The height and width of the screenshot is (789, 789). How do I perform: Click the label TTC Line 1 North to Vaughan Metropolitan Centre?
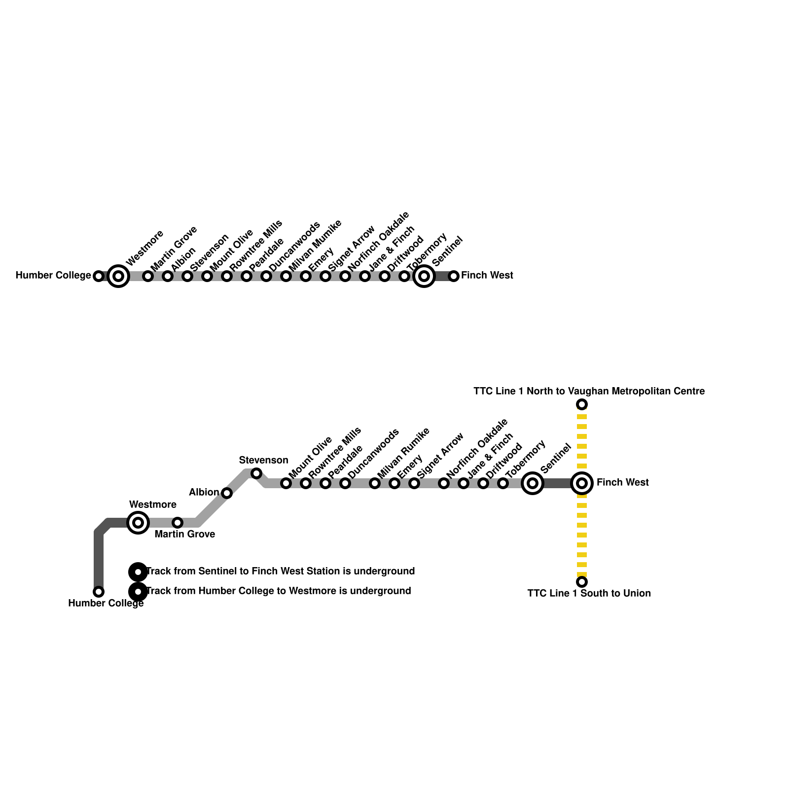pyautogui.click(x=589, y=392)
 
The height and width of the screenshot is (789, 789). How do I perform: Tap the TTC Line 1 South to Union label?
pyautogui.click(x=589, y=593)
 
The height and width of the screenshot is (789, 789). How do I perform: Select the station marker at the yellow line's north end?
pyautogui.click(x=582, y=405)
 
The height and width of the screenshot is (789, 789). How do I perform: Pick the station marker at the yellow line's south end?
pyautogui.click(x=582, y=582)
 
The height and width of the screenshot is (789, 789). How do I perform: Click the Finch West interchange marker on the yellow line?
pyautogui.click(x=582, y=483)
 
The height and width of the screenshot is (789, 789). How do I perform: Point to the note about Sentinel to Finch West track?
pyautogui.click(x=281, y=572)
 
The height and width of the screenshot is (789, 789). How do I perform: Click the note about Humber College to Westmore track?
pyautogui.click(x=279, y=591)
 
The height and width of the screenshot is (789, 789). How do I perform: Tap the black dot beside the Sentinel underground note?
pyautogui.click(x=138, y=572)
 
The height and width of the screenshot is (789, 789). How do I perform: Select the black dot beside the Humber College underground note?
pyautogui.click(x=138, y=591)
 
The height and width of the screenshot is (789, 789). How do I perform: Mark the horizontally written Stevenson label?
pyautogui.click(x=263, y=461)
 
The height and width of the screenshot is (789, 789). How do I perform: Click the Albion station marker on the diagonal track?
pyautogui.click(x=227, y=493)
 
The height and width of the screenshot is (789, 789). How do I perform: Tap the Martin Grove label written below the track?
pyautogui.click(x=184, y=535)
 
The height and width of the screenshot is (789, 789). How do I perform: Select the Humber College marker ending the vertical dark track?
pyautogui.click(x=99, y=591)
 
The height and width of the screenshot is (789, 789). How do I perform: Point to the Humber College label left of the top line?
pyautogui.click(x=53, y=276)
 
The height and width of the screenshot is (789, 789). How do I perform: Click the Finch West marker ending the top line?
pyautogui.click(x=454, y=276)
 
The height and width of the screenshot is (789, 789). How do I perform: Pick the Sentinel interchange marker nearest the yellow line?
pyautogui.click(x=533, y=483)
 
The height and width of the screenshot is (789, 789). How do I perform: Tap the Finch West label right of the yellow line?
pyautogui.click(x=622, y=483)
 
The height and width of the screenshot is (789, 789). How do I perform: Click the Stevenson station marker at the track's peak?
pyautogui.click(x=256, y=474)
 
